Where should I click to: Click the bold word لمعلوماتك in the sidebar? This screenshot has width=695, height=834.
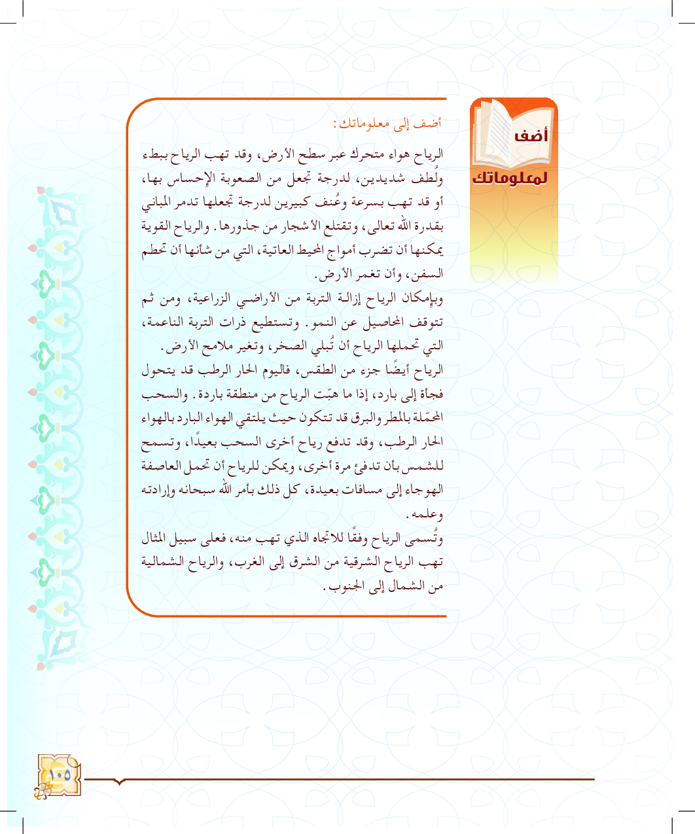510,179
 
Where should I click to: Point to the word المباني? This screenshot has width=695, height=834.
158,203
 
